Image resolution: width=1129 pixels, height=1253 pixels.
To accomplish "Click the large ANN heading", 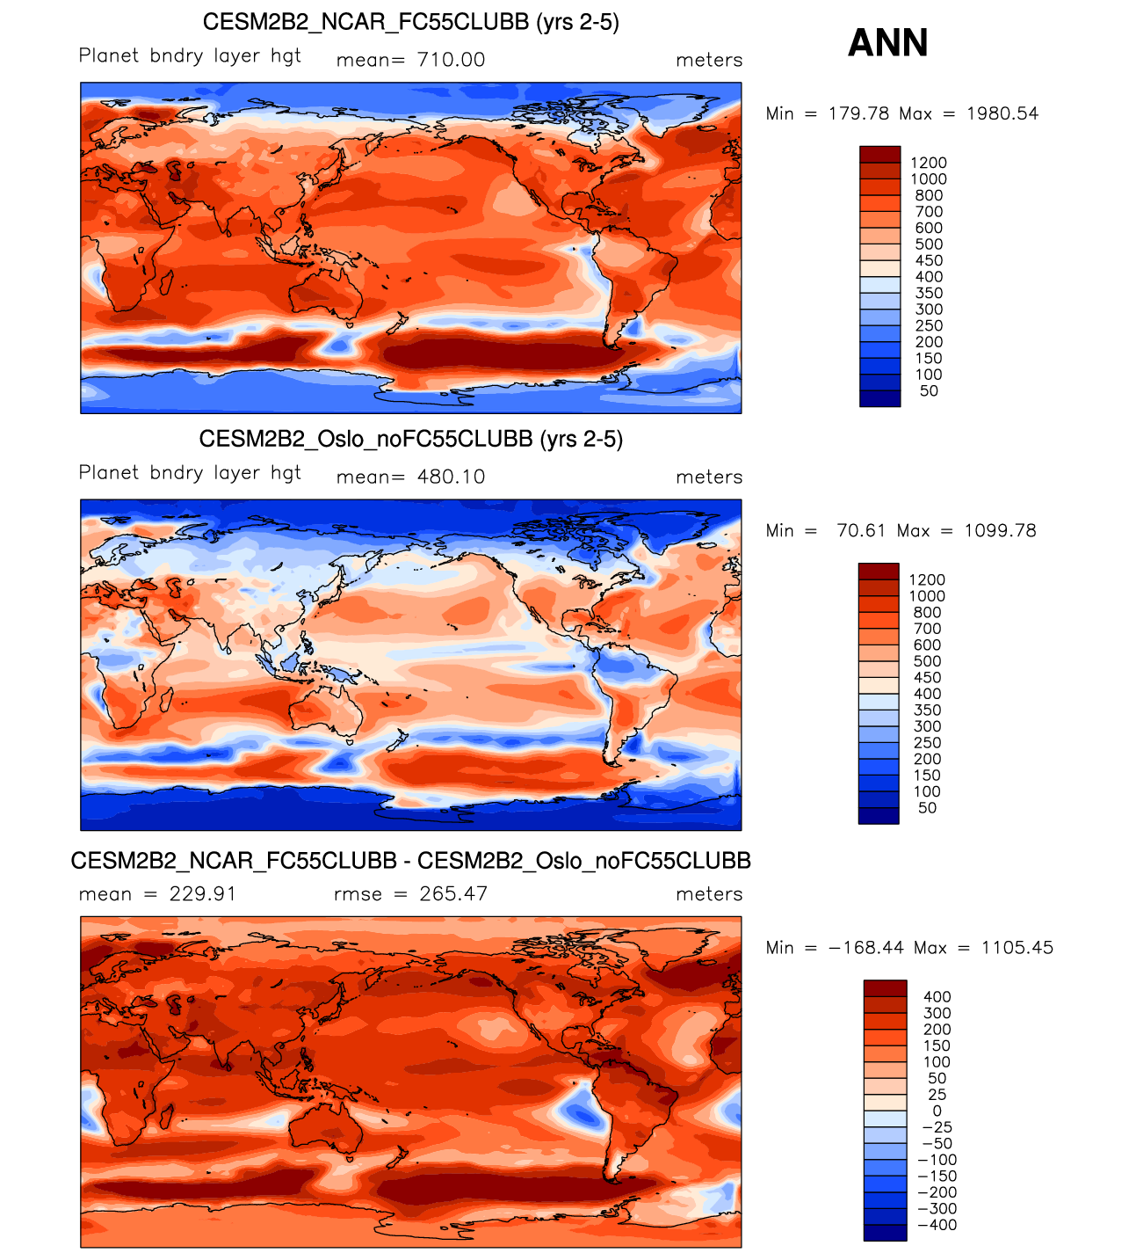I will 887,43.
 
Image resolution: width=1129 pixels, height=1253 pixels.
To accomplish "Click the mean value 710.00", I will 451,60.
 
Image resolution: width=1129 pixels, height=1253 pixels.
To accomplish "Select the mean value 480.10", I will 451,477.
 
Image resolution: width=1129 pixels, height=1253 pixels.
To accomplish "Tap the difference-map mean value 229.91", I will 203,893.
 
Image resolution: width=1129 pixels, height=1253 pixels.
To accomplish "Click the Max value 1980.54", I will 1002,113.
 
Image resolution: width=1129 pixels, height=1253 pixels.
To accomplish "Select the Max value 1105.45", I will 1017,947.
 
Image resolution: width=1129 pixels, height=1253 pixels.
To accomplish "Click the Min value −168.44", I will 865,947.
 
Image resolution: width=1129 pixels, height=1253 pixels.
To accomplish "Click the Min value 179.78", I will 859,113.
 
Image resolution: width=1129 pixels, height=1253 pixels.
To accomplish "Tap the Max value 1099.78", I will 1000,530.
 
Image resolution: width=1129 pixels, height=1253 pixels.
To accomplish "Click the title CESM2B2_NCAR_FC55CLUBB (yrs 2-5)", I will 410,22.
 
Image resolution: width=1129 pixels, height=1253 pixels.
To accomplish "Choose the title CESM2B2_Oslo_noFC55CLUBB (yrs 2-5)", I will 410,439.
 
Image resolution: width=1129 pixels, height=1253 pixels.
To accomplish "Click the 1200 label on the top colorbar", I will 929,163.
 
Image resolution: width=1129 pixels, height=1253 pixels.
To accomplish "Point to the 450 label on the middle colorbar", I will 927,678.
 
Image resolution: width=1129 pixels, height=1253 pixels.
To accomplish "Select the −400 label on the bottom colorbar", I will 937,1225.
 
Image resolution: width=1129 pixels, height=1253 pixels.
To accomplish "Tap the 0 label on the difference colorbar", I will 937,1111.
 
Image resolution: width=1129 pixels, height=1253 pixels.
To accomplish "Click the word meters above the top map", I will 709,60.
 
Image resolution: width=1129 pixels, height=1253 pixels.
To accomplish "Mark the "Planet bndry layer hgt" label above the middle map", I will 190,473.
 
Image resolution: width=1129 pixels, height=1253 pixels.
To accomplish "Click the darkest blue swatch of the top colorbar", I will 879,398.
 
